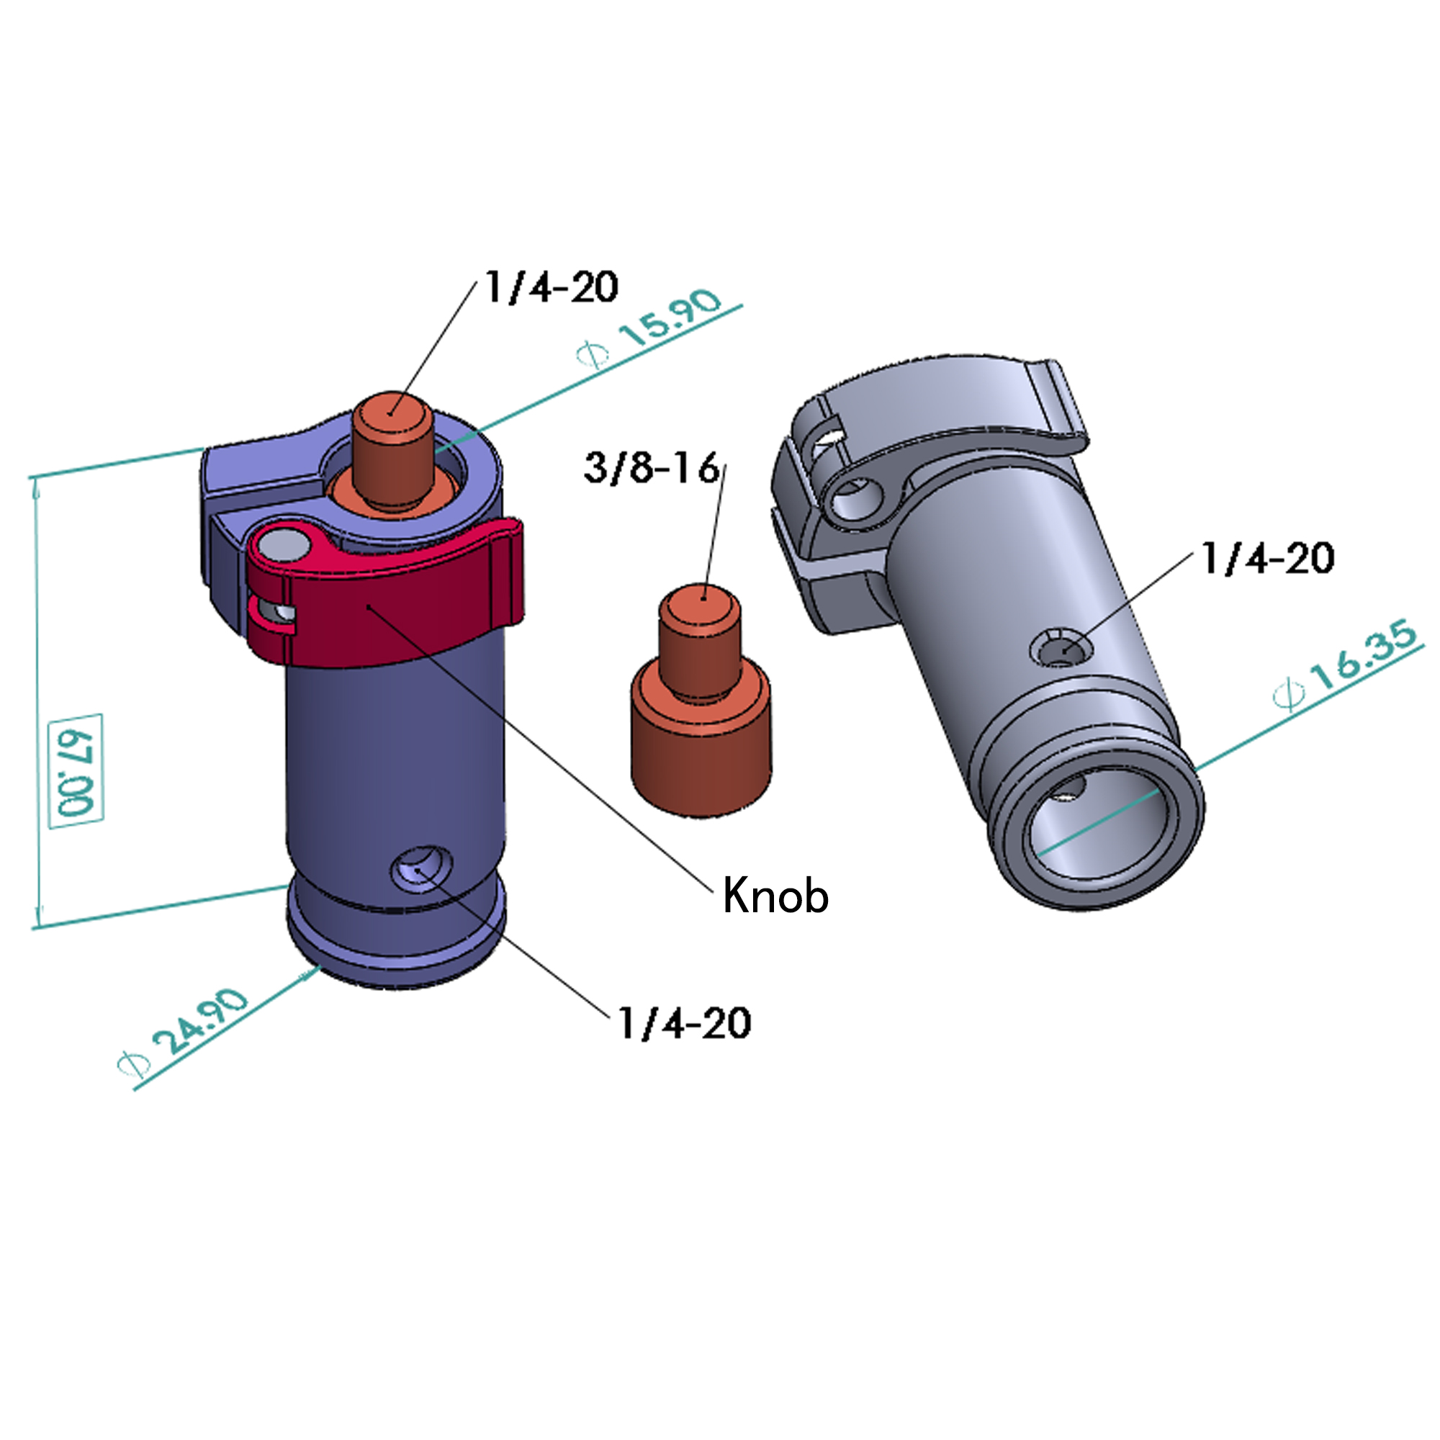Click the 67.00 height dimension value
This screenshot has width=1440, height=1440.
76,770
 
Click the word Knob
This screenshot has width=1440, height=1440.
775,895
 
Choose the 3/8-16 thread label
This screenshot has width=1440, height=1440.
652,468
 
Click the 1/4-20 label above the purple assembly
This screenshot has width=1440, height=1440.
552,287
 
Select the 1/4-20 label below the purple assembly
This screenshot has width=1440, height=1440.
684,1022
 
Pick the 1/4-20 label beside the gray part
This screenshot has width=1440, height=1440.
1267,558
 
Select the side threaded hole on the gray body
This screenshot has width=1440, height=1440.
1062,649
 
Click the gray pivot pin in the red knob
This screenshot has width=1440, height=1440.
287,544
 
